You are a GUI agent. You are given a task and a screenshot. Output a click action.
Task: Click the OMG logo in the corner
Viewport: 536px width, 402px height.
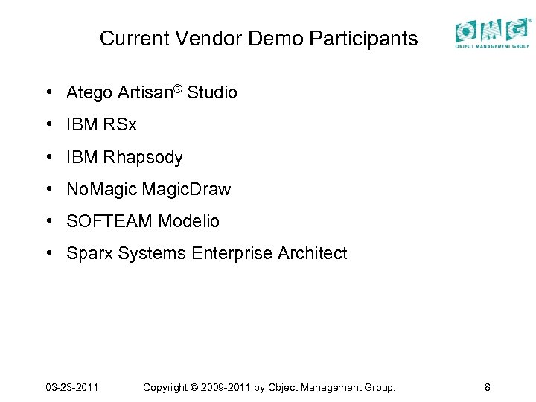point(493,33)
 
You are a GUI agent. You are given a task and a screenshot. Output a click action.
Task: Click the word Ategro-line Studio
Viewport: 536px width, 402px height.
point(212,93)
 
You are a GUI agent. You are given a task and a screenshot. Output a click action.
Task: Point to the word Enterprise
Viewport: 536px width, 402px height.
point(232,254)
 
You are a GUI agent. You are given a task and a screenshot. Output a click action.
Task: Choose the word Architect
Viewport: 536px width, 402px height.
point(312,254)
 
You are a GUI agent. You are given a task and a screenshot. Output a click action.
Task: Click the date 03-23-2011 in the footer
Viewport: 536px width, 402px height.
point(72,387)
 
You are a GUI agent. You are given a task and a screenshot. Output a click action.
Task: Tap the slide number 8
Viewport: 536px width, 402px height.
point(487,387)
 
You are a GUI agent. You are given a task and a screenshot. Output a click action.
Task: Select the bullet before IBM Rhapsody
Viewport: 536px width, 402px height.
point(48,157)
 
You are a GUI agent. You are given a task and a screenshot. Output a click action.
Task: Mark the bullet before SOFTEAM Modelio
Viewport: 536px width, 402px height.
point(48,221)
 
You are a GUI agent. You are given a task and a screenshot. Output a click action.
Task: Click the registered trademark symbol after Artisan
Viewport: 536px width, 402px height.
point(179,89)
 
